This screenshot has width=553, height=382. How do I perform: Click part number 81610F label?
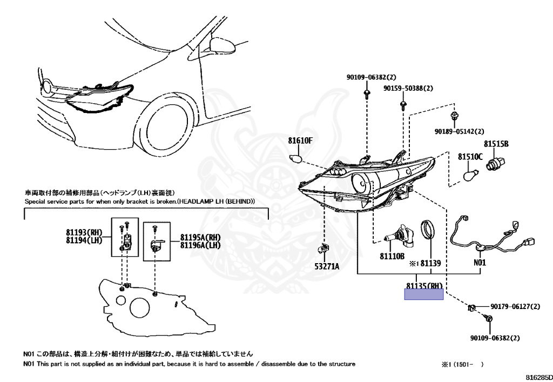click(300, 141)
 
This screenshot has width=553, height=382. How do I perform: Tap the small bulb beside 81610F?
click(295, 159)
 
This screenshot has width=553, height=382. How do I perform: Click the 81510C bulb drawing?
click(471, 176)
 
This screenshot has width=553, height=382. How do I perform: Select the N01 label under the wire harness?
click(480, 263)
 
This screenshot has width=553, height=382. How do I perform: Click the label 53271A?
click(326, 266)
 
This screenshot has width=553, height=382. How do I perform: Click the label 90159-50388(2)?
click(409, 88)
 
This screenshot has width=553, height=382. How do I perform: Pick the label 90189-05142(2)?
click(459, 131)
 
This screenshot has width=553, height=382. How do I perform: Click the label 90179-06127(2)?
click(515, 306)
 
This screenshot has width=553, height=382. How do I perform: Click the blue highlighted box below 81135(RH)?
click(424, 294)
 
